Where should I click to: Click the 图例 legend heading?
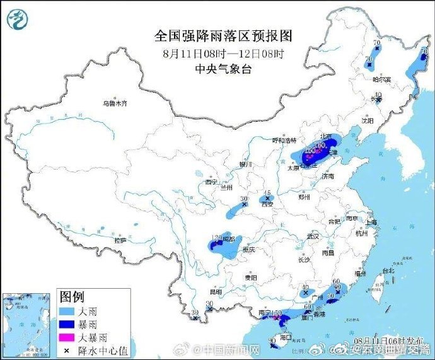click(x=72, y=296)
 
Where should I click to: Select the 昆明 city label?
click(x=216, y=292)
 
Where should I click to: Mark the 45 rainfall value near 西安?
click(x=267, y=192)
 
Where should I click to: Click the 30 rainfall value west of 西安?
click(x=244, y=199)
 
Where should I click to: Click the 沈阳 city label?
click(x=367, y=120)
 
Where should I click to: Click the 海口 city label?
click(x=286, y=337)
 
